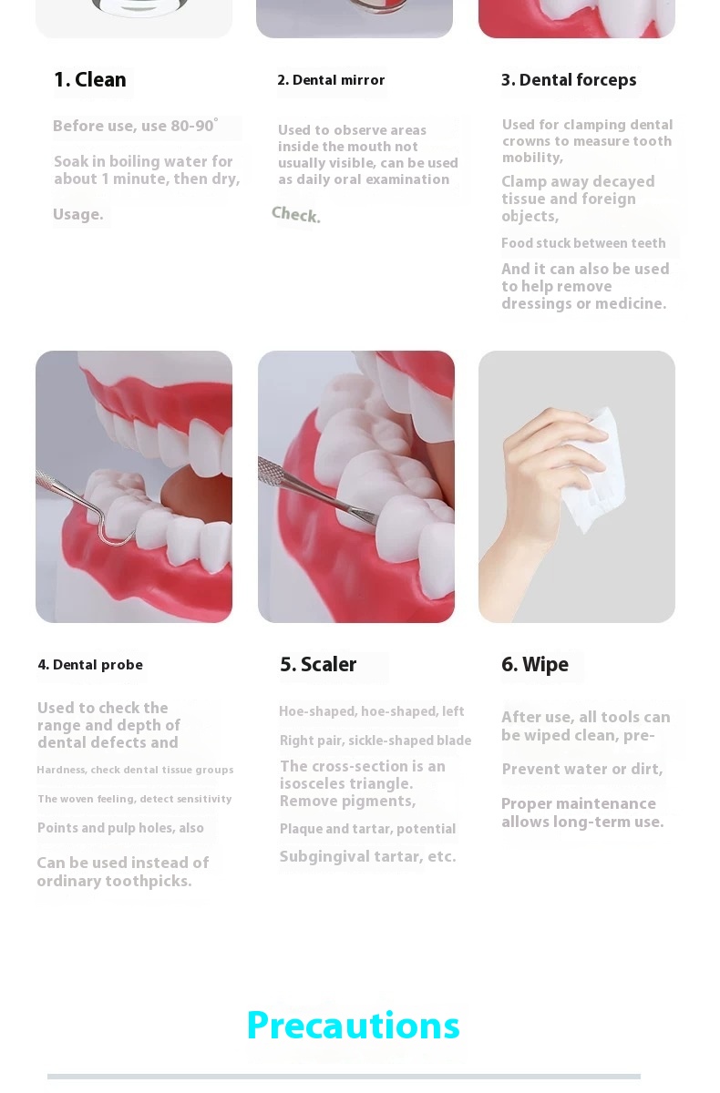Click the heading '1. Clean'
click(x=90, y=79)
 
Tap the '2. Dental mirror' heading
click(x=331, y=80)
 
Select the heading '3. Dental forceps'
click(x=569, y=80)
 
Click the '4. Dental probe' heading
click(x=90, y=665)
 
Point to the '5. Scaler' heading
click(x=318, y=665)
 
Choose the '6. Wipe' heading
click(x=535, y=665)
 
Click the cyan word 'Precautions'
click(x=353, y=1025)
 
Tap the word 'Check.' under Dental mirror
click(x=296, y=215)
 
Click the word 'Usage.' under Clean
click(x=78, y=214)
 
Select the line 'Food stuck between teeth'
click(x=583, y=243)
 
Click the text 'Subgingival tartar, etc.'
click(x=367, y=856)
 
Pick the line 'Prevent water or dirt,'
click(x=582, y=769)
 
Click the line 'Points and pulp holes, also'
click(x=120, y=828)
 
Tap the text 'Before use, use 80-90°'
click(x=136, y=126)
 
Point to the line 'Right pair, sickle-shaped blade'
click(x=375, y=741)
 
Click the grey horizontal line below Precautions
click(x=344, y=1077)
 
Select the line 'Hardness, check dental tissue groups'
click(x=135, y=770)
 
